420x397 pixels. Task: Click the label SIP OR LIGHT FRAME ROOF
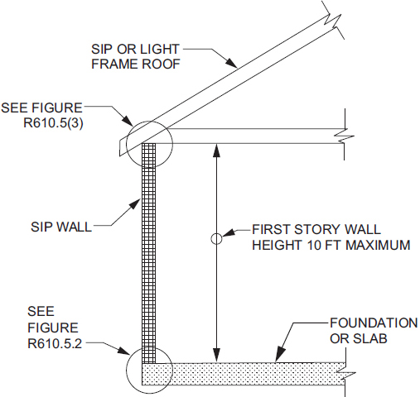[x=135, y=56]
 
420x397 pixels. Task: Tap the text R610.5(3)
[x=53, y=122]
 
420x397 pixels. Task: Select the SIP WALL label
[x=61, y=227]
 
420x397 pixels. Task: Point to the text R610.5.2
[x=55, y=344]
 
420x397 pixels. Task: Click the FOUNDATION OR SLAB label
[x=374, y=331]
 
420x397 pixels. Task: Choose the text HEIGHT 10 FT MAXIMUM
[x=331, y=245]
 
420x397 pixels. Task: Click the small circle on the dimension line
[x=216, y=239]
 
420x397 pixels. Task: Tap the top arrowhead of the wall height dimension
[x=216, y=151]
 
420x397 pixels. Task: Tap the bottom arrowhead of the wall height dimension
[x=216, y=355]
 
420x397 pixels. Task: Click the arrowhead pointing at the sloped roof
[x=231, y=62]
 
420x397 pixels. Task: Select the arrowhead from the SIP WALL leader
[x=134, y=204]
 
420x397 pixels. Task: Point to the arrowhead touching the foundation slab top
[x=280, y=353]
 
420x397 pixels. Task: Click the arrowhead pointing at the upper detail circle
[x=128, y=121]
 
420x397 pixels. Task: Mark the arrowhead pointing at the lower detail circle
[x=123, y=351]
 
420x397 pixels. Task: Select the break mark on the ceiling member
[x=345, y=136]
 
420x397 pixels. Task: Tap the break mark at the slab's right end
[x=345, y=374]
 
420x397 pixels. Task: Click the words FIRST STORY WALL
[x=316, y=229]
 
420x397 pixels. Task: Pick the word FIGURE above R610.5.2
[x=53, y=328]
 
